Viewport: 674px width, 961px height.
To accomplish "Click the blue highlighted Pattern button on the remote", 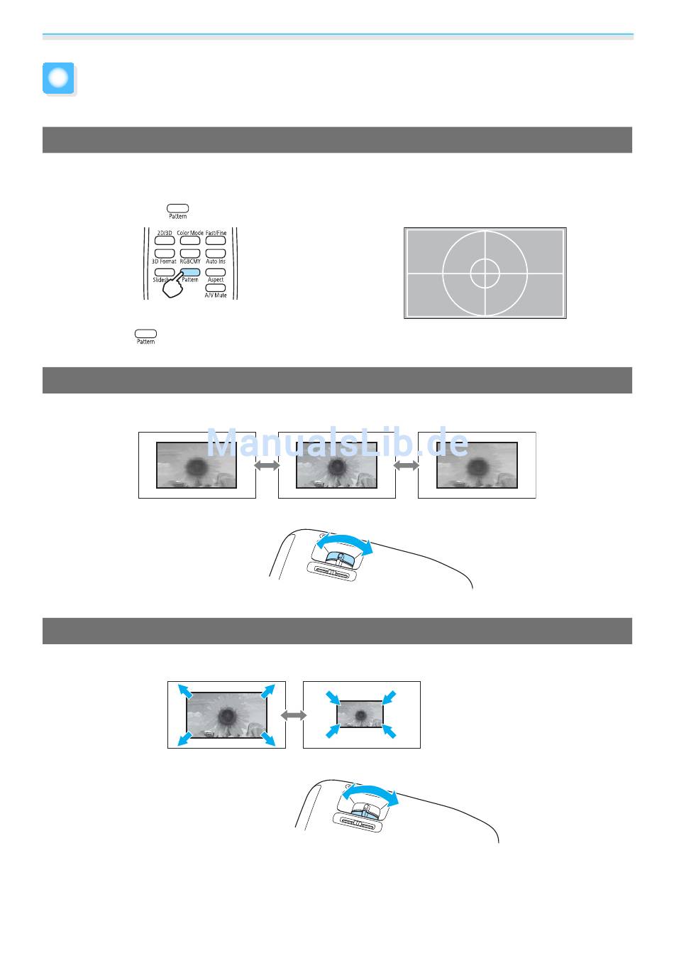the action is click(190, 272).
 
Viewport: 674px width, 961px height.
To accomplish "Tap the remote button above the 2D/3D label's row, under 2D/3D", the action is click(165, 241).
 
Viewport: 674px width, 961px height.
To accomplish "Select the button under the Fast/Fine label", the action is click(216, 241).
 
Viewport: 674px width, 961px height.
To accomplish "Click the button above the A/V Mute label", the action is click(216, 288).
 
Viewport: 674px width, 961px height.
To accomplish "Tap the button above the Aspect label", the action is click(216, 272).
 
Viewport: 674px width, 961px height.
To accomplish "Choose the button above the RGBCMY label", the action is click(190, 254).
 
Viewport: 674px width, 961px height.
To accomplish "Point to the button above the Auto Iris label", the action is click(216, 254).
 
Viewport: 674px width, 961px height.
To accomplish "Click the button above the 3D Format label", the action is click(165, 254).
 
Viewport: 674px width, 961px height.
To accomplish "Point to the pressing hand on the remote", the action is click(174, 287).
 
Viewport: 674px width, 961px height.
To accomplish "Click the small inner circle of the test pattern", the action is click(485, 273).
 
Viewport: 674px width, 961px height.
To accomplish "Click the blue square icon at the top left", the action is click(58, 79).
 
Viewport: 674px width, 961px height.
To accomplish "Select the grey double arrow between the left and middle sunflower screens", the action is click(267, 465).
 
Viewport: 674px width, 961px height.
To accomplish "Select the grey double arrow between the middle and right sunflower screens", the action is click(407, 465).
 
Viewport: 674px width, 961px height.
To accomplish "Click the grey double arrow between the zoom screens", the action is click(294, 715).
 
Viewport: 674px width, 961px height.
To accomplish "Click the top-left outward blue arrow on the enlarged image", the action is click(184, 691).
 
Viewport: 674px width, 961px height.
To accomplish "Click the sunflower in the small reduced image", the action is click(360, 714).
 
